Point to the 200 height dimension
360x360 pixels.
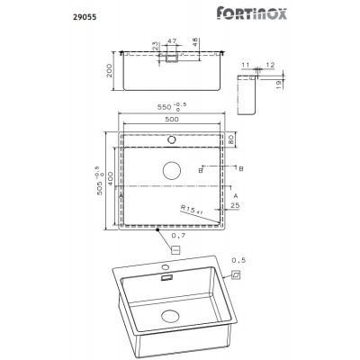pyautogui.click(x=108, y=71)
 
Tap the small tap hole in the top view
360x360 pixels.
pyautogui.click(x=173, y=140)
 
